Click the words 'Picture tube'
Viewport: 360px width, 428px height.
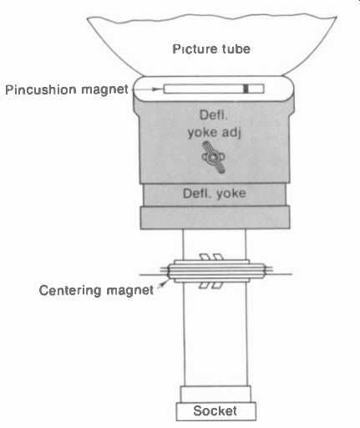(211, 49)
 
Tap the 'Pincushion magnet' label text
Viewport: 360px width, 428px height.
(67, 89)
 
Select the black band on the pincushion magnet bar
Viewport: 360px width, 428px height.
(246, 89)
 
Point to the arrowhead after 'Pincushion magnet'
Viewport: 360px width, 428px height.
(158, 89)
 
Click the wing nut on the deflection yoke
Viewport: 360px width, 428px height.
(213, 157)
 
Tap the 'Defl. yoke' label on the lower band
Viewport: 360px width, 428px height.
(214, 193)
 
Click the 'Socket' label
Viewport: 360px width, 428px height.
(215, 410)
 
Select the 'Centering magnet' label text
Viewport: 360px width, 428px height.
(96, 291)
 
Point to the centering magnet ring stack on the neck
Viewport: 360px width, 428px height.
(215, 271)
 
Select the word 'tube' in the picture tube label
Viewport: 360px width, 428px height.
(236, 49)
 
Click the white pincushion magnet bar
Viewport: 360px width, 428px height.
(214, 89)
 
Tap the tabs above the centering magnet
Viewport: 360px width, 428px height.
(211, 257)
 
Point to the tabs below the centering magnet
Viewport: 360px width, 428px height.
(211, 285)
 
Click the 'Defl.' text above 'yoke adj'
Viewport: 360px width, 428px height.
(214, 115)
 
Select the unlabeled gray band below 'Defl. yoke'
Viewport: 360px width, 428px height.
(215, 217)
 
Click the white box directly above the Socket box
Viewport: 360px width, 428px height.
(215, 394)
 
